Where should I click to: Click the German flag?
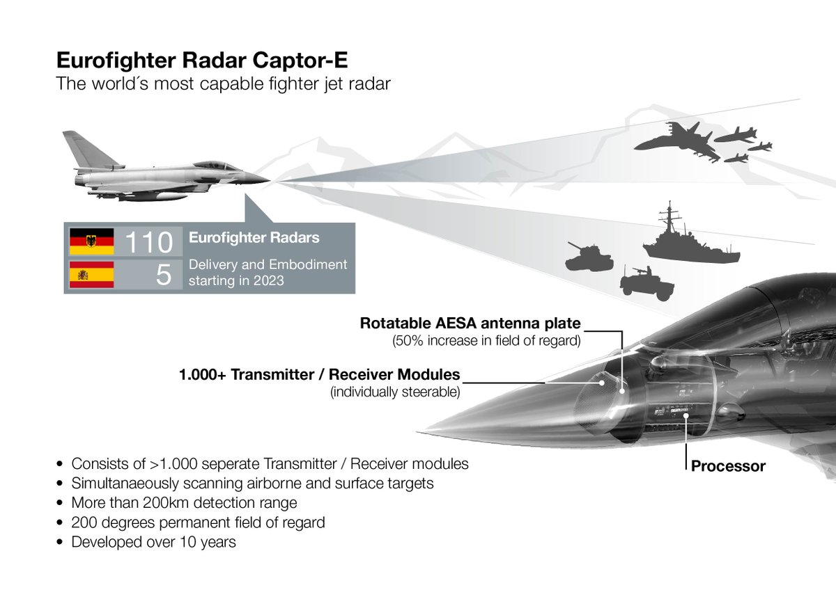91,241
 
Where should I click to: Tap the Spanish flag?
91,275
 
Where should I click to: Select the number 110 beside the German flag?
148,242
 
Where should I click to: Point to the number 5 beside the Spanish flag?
163,275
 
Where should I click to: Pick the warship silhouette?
690,240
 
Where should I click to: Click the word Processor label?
728,466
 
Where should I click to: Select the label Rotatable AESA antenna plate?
470,324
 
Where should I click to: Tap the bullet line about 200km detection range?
185,502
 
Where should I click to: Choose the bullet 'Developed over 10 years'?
154,541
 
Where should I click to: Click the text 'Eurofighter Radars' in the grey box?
254,238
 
